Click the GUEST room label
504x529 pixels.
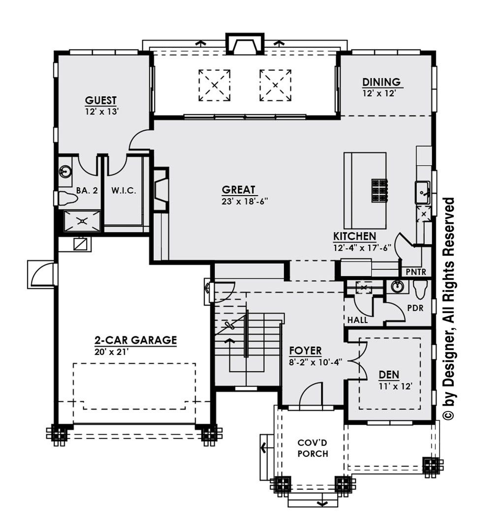coord(101,101)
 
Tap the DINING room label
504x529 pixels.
coord(381,82)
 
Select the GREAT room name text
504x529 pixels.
coord(239,190)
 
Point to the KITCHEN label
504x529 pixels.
coord(354,236)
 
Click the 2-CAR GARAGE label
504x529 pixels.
coord(135,340)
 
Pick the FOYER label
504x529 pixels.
coord(305,351)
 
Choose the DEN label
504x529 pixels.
coord(389,375)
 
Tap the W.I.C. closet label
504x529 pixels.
coord(124,190)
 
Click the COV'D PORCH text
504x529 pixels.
coord(313,448)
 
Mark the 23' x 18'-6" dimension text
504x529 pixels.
coord(245,201)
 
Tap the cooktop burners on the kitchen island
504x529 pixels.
coord(379,189)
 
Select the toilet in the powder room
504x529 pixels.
coord(420,290)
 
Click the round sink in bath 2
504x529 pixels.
coord(65,171)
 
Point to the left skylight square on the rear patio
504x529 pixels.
coord(215,85)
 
